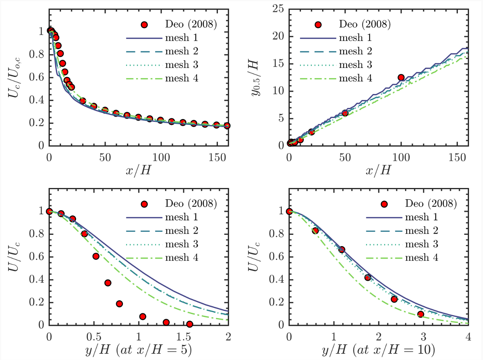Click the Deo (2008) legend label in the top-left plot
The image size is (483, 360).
click(x=192, y=25)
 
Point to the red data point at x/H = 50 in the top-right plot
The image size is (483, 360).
click(x=345, y=113)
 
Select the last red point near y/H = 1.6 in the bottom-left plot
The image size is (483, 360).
click(x=189, y=324)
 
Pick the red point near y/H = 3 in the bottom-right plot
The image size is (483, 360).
click(x=420, y=314)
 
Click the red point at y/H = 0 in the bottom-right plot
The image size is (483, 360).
click(x=289, y=212)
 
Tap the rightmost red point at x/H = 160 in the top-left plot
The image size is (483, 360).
click(x=227, y=126)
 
